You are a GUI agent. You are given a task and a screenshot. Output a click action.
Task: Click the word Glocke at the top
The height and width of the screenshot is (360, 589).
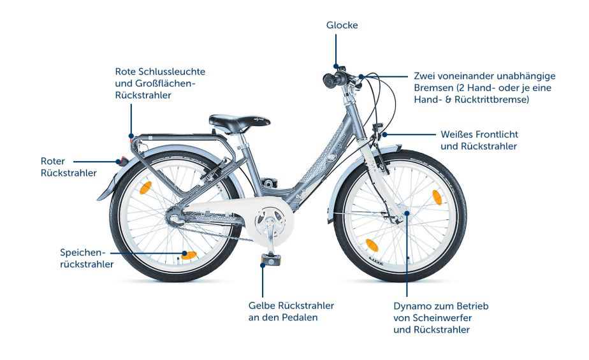342,25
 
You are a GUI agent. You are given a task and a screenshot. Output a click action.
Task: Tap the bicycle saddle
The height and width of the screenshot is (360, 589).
239,122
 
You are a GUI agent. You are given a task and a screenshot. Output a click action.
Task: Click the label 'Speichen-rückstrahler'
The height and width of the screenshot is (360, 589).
87,258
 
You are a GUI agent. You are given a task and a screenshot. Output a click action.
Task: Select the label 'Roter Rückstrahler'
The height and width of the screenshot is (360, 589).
69,167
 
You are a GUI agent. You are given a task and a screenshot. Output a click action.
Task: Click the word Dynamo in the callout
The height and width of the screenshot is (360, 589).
412,306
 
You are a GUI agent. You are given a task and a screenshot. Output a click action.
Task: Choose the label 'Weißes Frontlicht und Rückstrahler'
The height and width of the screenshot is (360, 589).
479,140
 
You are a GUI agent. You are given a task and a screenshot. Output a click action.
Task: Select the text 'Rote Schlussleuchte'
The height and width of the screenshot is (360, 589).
160,72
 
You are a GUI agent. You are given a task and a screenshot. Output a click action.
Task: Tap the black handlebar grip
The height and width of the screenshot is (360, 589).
333,80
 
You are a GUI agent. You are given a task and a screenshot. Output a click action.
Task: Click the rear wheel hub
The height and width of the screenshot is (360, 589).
175,216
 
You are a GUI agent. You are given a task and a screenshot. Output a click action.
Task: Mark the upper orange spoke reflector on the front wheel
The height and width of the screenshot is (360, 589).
437,198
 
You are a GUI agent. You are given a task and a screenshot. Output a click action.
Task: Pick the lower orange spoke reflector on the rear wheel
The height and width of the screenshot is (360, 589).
189,256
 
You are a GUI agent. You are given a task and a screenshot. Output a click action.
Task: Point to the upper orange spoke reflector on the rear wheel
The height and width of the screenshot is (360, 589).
146,188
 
